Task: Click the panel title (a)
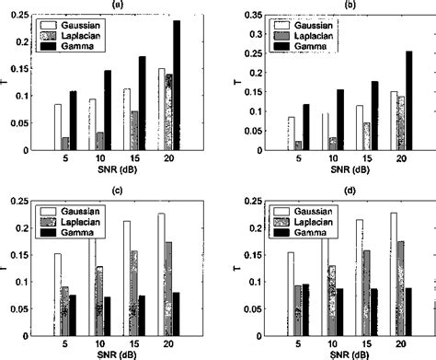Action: click(x=110, y=5)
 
